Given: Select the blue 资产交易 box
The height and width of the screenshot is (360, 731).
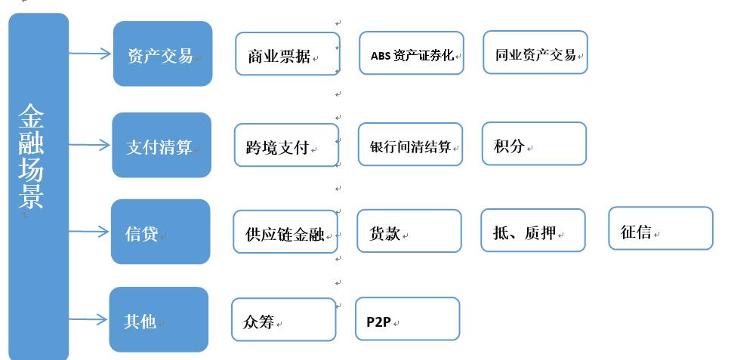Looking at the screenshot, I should point(162,54).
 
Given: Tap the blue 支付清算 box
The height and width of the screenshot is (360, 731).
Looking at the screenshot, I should point(162,145).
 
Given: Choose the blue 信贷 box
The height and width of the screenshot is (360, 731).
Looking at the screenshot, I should point(160,232).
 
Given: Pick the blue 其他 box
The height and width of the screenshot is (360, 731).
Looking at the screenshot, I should point(159,319).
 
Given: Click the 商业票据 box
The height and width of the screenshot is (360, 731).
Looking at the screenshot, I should point(287,54).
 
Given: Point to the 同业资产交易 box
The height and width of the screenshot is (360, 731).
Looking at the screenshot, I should point(535,53).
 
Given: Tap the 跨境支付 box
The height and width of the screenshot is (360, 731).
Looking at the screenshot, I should point(285,146).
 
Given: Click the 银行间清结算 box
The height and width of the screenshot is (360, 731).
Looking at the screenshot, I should point(409,144).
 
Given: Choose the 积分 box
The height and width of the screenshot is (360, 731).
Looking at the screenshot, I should point(533,143).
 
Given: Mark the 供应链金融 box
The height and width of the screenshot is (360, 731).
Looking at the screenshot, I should point(285,232).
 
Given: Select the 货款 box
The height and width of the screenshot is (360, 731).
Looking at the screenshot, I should point(409,231).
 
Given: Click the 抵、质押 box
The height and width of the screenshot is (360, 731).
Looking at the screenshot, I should point(532,230).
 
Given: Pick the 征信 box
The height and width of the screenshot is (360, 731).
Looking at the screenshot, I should point(660,229).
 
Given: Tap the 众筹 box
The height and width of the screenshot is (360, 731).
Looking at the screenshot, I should point(283,319).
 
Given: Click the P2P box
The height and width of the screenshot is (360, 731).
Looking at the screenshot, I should point(407,318).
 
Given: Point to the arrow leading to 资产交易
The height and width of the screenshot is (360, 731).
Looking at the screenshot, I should point(91,54).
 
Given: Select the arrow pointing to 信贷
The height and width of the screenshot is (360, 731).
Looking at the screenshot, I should point(90,232).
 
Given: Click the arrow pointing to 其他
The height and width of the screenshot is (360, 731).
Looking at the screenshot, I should point(89,319).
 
